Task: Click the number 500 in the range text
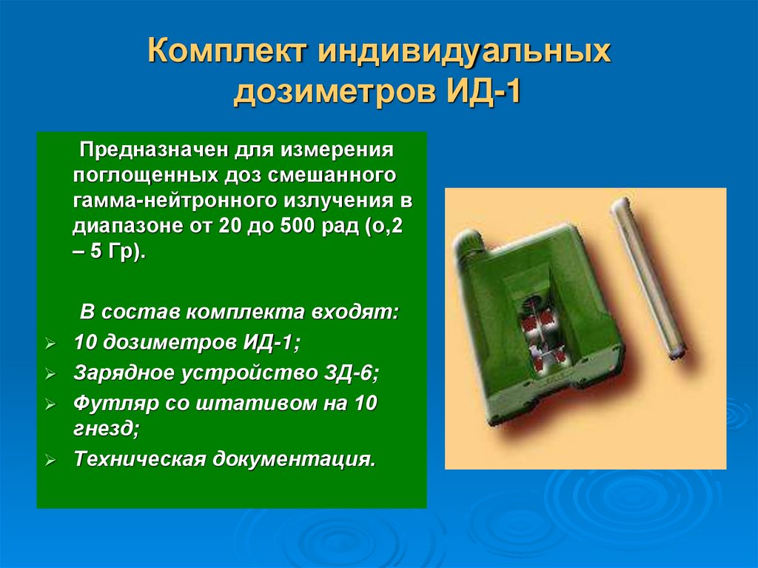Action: tap(295, 226)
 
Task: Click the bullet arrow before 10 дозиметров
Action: tap(50, 344)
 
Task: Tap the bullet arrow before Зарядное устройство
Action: tap(50, 375)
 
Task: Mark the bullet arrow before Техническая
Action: tap(50, 461)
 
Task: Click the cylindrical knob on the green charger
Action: tap(469, 244)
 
